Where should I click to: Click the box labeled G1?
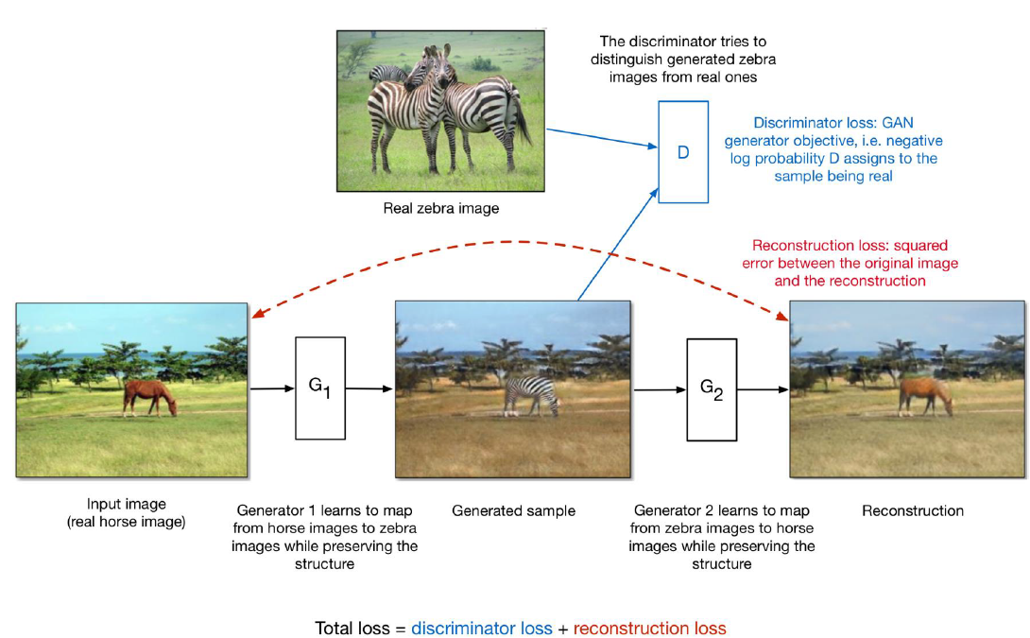pyautogui.click(x=320, y=388)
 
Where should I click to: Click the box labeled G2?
pyautogui.click(x=711, y=388)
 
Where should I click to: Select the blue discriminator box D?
pyautogui.click(x=682, y=152)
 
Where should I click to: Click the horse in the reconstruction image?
pyautogui.click(x=924, y=394)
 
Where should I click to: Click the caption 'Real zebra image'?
pyautogui.click(x=440, y=208)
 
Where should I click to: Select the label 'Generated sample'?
pyautogui.click(x=513, y=510)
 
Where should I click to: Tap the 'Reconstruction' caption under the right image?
pyautogui.click(x=913, y=510)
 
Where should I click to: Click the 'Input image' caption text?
pyautogui.click(x=127, y=504)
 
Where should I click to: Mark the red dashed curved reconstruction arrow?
pyautogui.click(x=515, y=243)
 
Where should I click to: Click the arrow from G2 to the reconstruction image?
pyautogui.click(x=762, y=388)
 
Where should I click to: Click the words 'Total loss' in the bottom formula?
pyautogui.click(x=352, y=628)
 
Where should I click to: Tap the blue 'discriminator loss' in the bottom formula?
pyautogui.click(x=482, y=628)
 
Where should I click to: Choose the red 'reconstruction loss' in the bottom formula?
pyautogui.click(x=649, y=628)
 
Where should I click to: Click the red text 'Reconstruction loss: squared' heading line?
pyautogui.click(x=850, y=245)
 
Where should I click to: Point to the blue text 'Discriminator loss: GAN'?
pyautogui.click(x=834, y=124)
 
